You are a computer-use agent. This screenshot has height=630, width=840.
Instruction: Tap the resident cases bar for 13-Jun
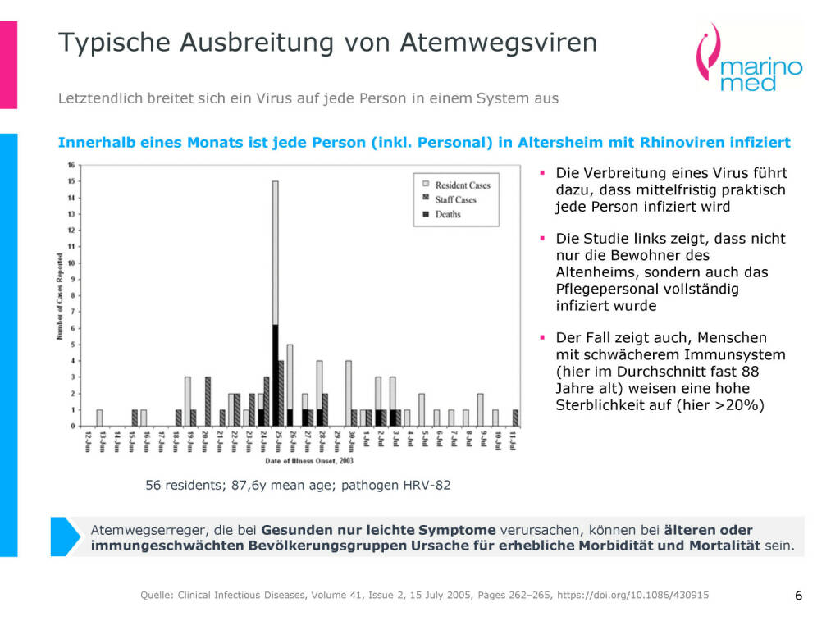[99, 418]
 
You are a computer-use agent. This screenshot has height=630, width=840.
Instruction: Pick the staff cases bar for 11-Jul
[515, 418]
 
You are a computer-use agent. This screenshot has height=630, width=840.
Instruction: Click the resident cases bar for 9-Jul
[480, 410]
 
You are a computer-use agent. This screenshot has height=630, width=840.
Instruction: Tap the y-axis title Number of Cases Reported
[60, 295]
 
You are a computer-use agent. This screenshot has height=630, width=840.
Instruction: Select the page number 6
[798, 596]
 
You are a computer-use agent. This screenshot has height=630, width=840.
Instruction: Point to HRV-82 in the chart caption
[427, 485]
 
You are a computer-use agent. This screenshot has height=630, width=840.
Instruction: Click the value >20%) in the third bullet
[736, 404]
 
